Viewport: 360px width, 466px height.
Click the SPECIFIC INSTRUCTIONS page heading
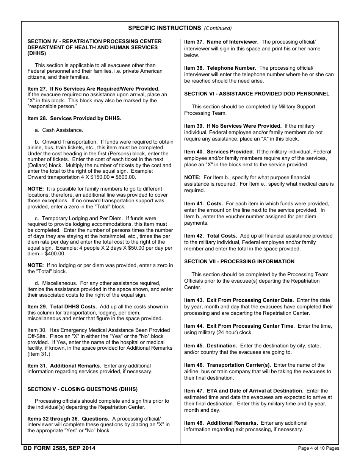click(164, 28)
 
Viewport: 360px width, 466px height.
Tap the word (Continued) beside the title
click(218, 28)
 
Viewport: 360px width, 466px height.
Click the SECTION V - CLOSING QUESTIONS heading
click(82, 389)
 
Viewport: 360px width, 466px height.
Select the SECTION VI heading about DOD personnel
click(257, 94)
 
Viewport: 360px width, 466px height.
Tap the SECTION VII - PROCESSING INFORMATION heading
click(239, 261)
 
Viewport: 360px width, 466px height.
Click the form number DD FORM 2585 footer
click(59, 448)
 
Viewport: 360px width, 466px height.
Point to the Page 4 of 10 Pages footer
click(318, 449)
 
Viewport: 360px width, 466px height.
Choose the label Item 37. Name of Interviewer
click(221, 42)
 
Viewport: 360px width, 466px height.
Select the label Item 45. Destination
click(210, 346)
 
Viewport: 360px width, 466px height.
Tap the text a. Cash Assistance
click(59, 130)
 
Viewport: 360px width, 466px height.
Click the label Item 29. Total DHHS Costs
click(62, 306)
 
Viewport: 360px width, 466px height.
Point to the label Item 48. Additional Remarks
click(221, 423)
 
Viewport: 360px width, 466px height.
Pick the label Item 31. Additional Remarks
click(64, 366)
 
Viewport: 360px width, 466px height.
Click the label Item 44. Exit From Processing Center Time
click(239, 326)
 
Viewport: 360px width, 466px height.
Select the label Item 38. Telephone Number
click(220, 68)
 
